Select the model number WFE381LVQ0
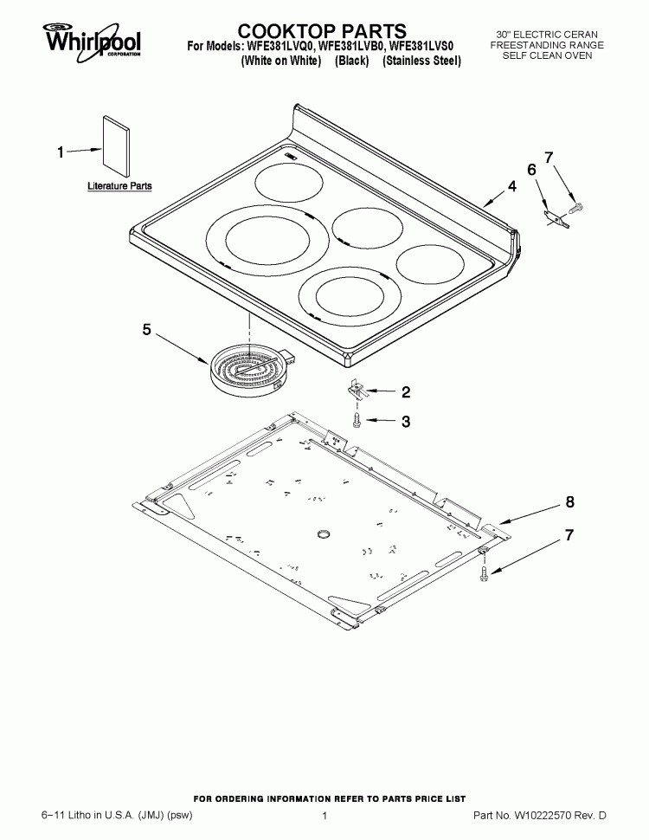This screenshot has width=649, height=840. coord(272,47)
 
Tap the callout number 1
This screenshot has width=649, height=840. coord(61,152)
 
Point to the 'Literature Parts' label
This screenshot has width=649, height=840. coord(119,186)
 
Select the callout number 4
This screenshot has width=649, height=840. coord(512,185)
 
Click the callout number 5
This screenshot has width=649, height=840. coord(146,329)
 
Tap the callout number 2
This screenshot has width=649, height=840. coord(405,392)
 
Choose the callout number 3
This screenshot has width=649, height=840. coord(405,422)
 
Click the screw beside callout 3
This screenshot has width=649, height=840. coord(357,420)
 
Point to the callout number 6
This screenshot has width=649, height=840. coord(531,170)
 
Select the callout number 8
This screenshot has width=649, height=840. coord(569,501)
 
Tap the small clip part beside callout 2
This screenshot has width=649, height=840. coord(358,390)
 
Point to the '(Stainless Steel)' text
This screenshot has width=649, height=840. coord(421,61)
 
